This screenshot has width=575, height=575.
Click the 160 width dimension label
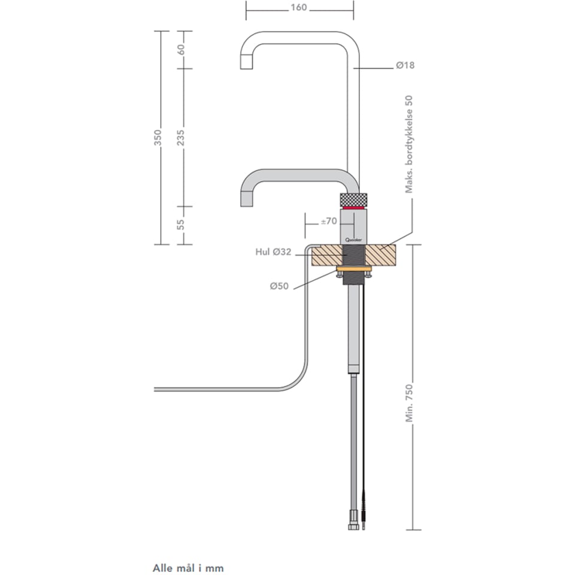point(299,7)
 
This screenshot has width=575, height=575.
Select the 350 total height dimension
point(158,138)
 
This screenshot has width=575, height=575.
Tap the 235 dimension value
point(181,138)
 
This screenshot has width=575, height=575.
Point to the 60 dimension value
point(181,49)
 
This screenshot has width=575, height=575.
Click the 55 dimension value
point(181,225)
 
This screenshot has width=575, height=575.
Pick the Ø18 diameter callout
point(405,65)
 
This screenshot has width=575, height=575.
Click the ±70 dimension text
point(329,221)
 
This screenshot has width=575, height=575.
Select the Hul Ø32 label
point(273,252)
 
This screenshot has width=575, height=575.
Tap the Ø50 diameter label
point(279,286)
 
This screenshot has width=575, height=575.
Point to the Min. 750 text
point(409,403)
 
